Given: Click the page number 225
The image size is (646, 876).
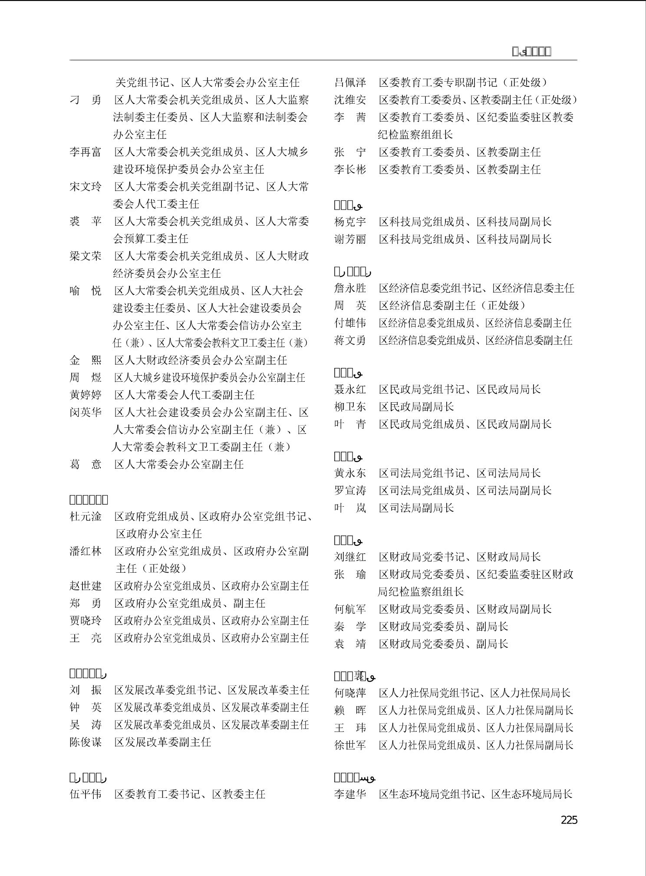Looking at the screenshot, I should [x=569, y=820].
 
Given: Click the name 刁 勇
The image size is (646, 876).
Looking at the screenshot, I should [x=86, y=100].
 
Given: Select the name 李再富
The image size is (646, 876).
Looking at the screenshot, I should [x=86, y=152].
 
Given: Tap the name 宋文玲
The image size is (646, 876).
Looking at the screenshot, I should [x=86, y=187].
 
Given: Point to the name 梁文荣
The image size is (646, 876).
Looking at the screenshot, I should [x=86, y=256].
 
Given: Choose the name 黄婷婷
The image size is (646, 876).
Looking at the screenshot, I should [x=86, y=395].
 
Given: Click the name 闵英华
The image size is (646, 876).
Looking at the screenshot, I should [x=86, y=412].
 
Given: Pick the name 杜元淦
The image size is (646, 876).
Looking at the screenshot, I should [x=86, y=516].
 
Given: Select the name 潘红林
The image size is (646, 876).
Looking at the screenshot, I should [x=86, y=551].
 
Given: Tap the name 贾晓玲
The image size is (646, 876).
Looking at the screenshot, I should [x=86, y=620].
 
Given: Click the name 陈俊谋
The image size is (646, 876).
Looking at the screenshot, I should [x=86, y=742].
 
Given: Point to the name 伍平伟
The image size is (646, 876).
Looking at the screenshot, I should [x=86, y=794].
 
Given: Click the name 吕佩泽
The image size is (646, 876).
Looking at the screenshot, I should [x=350, y=82].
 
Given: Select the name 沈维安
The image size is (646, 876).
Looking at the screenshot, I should [x=350, y=100].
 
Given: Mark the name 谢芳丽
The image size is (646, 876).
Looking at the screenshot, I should [x=350, y=239].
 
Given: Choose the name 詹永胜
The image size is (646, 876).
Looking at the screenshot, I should [x=350, y=288].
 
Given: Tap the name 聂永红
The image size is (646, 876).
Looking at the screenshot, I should [x=350, y=389].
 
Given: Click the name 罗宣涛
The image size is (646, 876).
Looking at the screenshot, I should [x=350, y=490].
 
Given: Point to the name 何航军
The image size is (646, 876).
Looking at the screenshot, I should [x=350, y=609].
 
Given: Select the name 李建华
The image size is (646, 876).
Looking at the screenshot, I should [x=350, y=794].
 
